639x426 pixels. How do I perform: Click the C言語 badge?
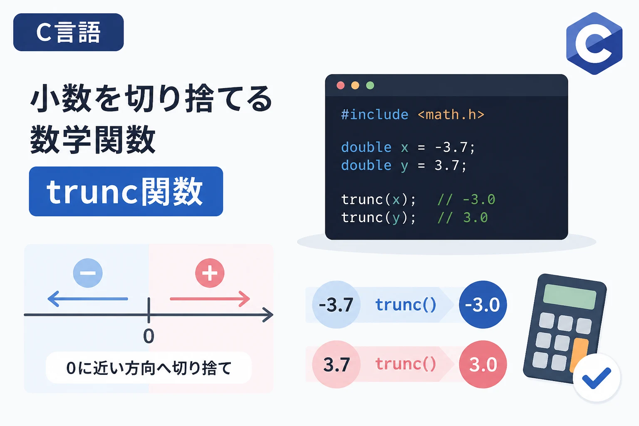tap(69, 32)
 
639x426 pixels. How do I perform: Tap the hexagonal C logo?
tap(594, 43)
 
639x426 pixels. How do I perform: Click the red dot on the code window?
tap(341, 85)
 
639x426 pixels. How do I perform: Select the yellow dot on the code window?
tap(355, 85)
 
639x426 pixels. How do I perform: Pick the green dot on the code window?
tap(370, 85)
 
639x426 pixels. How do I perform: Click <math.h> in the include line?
tap(451, 115)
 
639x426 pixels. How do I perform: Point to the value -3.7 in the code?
tap(451, 148)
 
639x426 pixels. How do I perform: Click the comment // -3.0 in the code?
tap(466, 199)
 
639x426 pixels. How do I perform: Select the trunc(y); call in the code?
tap(378, 218)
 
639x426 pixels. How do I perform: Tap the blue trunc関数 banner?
tap(126, 191)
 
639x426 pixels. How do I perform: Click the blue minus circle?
tap(88, 273)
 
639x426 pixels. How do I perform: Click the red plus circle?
tap(210, 273)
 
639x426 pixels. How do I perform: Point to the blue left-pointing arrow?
tap(88, 299)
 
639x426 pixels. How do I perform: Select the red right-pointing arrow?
tap(210, 299)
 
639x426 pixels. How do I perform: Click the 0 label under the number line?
tap(149, 336)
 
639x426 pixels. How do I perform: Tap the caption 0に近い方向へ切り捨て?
tap(149, 368)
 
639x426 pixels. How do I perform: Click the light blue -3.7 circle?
tap(336, 305)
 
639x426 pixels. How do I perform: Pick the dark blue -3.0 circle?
tap(483, 305)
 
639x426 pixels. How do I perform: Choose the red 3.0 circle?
tap(483, 364)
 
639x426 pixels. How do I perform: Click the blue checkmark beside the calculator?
tap(596, 378)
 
